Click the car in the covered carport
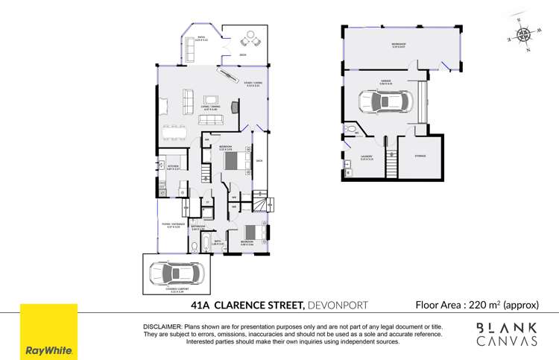177,273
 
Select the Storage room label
420,155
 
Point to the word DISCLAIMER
162,327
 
